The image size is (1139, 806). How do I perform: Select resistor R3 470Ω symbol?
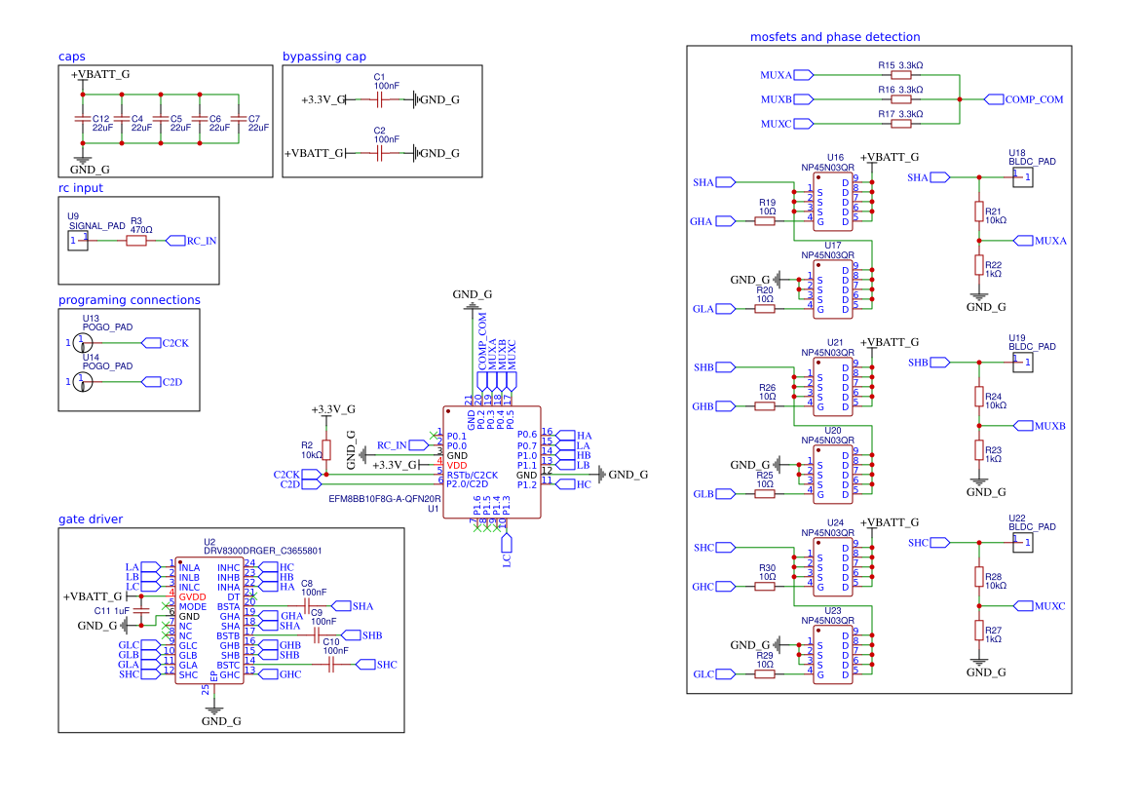coord(136,240)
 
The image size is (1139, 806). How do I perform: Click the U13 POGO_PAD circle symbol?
coord(83,342)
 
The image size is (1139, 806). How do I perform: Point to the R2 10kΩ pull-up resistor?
coord(326,449)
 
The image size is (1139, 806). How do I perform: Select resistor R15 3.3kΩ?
coord(901,74)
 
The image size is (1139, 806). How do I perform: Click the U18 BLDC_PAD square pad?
coord(1020,176)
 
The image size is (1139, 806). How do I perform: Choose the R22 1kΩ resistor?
coord(979,264)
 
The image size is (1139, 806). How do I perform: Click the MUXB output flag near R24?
coord(1040,426)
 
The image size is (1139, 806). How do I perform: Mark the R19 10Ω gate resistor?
coord(766,221)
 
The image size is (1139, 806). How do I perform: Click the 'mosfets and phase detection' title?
coord(834,37)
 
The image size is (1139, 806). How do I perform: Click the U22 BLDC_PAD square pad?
coord(1020,542)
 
